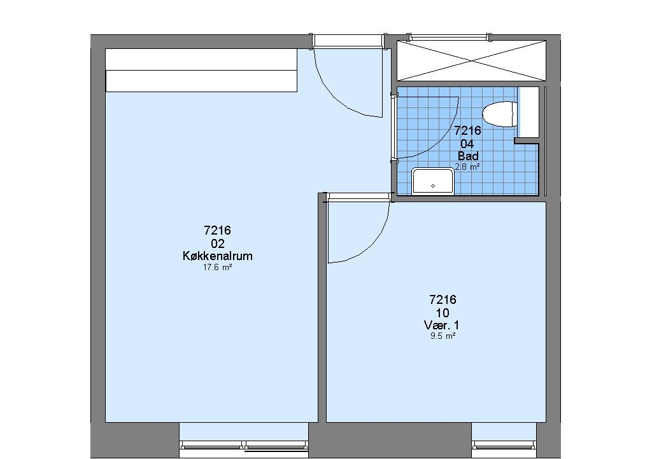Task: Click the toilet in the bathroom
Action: pyautogui.click(x=500, y=114)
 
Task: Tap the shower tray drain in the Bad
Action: pyautogui.click(x=433, y=186)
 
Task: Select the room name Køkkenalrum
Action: pyautogui.click(x=218, y=256)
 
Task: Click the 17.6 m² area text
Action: pyautogui.click(x=217, y=268)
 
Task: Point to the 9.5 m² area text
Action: pyautogui.click(x=443, y=336)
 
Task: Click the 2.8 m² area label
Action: pyautogui.click(x=468, y=167)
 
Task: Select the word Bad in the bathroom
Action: pyautogui.click(x=468, y=156)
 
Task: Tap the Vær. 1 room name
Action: pyautogui.click(x=442, y=325)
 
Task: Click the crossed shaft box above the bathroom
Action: pyautogui.click(x=472, y=60)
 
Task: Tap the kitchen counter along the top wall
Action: pyautogui.click(x=201, y=70)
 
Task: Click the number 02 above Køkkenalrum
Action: pyautogui.click(x=218, y=243)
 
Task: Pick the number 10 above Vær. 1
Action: pyautogui.click(x=443, y=313)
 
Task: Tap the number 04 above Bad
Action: pyautogui.click(x=467, y=144)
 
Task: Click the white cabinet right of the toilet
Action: pyautogui.click(x=528, y=112)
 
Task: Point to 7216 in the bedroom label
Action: pyautogui.click(x=443, y=299)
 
